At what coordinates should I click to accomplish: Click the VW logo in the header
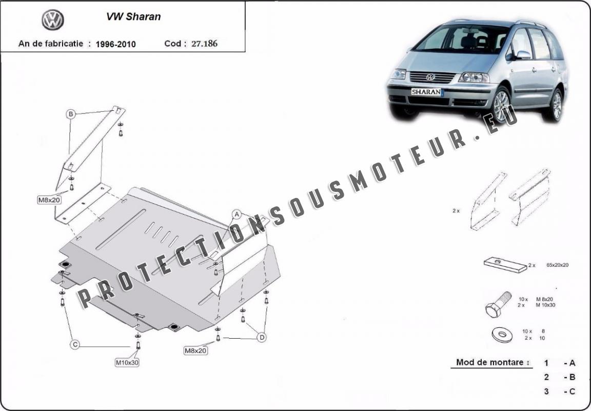tap(53, 20)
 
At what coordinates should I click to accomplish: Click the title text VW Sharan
tap(133, 16)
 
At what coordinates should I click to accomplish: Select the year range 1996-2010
tap(116, 44)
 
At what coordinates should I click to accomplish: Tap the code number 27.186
tap(204, 44)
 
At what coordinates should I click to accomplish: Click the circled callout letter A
tap(237, 214)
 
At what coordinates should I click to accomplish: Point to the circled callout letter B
tap(71, 114)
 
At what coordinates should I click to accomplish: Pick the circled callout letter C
tap(75, 344)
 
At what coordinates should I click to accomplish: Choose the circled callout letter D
tap(262, 338)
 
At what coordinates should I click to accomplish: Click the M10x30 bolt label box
tap(127, 363)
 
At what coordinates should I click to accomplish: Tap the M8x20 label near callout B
tap(49, 200)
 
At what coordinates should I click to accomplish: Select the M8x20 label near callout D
tap(195, 350)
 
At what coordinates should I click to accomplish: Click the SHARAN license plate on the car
tap(426, 92)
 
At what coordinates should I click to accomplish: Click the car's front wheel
tap(501, 105)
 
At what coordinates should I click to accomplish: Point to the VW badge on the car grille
tap(430, 77)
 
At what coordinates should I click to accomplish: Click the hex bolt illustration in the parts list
tap(498, 304)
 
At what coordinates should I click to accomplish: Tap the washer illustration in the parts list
tap(502, 335)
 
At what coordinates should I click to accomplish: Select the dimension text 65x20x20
tap(558, 265)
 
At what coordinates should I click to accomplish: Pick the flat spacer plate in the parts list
tap(505, 264)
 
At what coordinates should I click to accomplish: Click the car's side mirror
tap(523, 55)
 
